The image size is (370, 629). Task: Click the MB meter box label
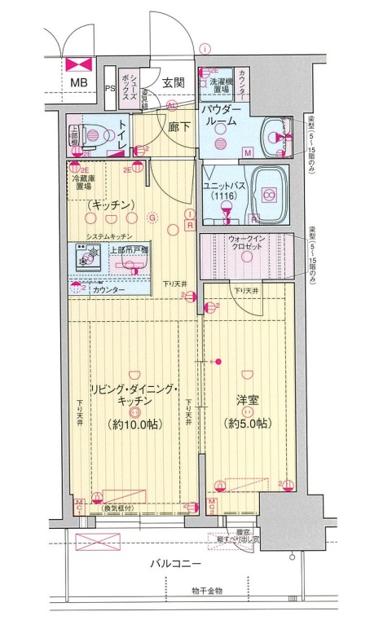point(79,83)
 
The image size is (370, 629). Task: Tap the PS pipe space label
point(110,88)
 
